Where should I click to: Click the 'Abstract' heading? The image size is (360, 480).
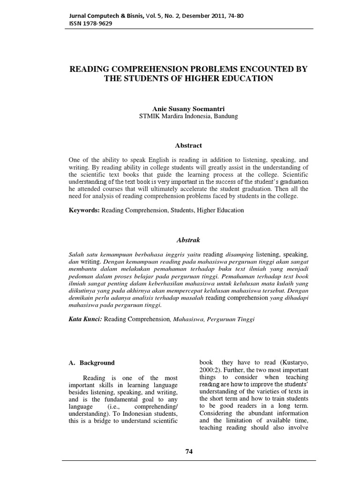[187, 146]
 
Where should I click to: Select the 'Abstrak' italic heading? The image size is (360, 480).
[187, 240]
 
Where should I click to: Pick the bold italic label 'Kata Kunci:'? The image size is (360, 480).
[85, 319]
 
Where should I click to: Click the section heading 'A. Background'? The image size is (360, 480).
[91, 363]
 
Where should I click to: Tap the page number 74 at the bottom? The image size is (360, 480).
[189, 451]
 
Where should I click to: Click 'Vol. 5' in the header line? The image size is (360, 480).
[152, 15]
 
